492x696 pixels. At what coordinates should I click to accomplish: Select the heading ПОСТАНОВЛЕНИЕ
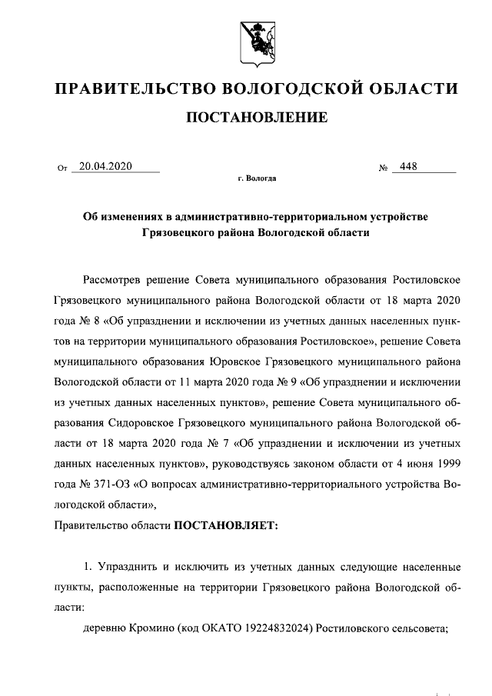pyautogui.click(x=257, y=118)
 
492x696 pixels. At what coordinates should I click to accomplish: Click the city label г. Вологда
pyautogui.click(x=257, y=178)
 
